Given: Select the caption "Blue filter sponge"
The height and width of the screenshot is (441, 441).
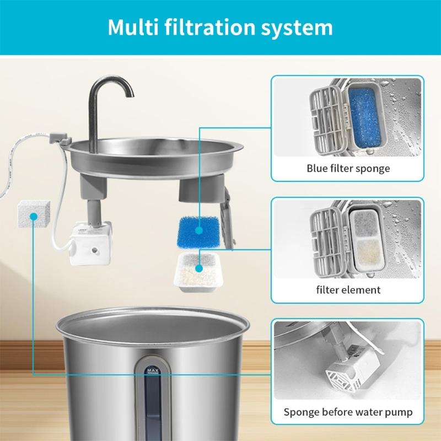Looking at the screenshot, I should [348, 168].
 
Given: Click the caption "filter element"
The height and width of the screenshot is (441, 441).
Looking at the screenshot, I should [348, 289].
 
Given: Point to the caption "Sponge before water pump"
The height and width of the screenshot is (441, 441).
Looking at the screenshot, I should [348, 411].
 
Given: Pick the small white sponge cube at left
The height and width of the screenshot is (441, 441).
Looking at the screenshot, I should [34, 214].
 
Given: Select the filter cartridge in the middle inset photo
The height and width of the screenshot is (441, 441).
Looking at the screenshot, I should [364, 238].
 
